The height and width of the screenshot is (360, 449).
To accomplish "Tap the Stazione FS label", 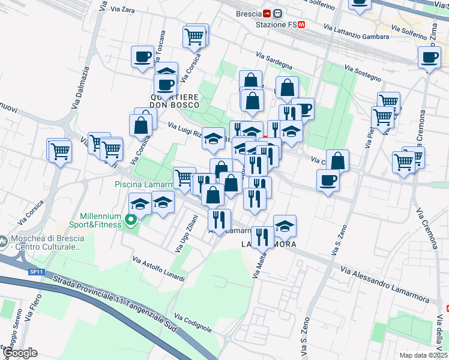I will pos(276,25).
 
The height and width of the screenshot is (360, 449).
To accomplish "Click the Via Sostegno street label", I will pos(363,74).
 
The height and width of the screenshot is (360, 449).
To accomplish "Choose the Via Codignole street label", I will pos(193,323).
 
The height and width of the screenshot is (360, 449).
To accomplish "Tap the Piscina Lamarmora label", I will pos(143,184).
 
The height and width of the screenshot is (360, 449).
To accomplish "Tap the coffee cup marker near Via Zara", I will pos(142,57).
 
